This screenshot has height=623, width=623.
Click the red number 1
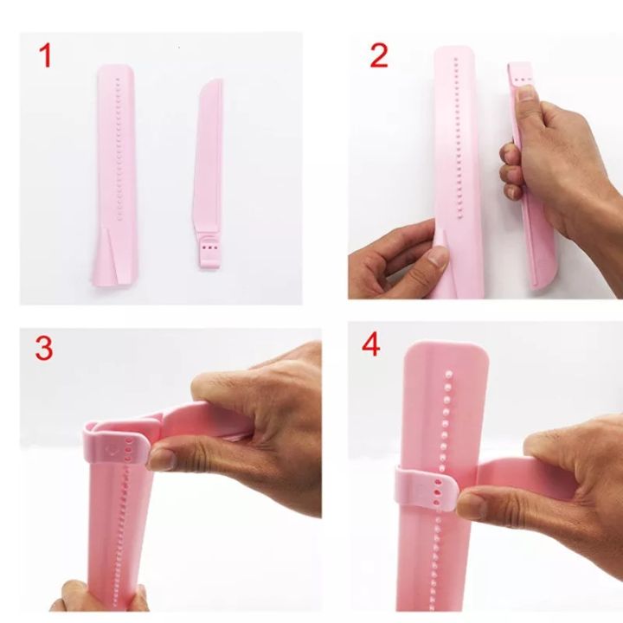(x=45, y=57)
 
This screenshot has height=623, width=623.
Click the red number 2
(x=379, y=55)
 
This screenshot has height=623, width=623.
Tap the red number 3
(x=44, y=348)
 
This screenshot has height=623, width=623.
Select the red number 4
(x=371, y=346)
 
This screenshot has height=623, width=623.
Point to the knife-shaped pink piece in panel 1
(x=209, y=156)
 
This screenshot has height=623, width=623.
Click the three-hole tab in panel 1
(x=208, y=249)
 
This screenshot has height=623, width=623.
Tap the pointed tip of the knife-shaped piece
(x=217, y=83)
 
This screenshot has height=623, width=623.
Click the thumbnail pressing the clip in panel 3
(x=161, y=457)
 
